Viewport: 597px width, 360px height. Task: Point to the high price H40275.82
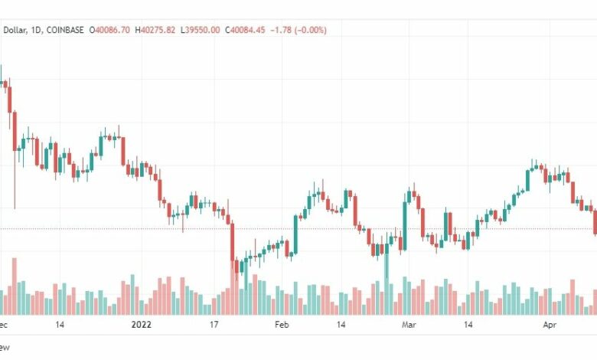(x=155, y=30)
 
